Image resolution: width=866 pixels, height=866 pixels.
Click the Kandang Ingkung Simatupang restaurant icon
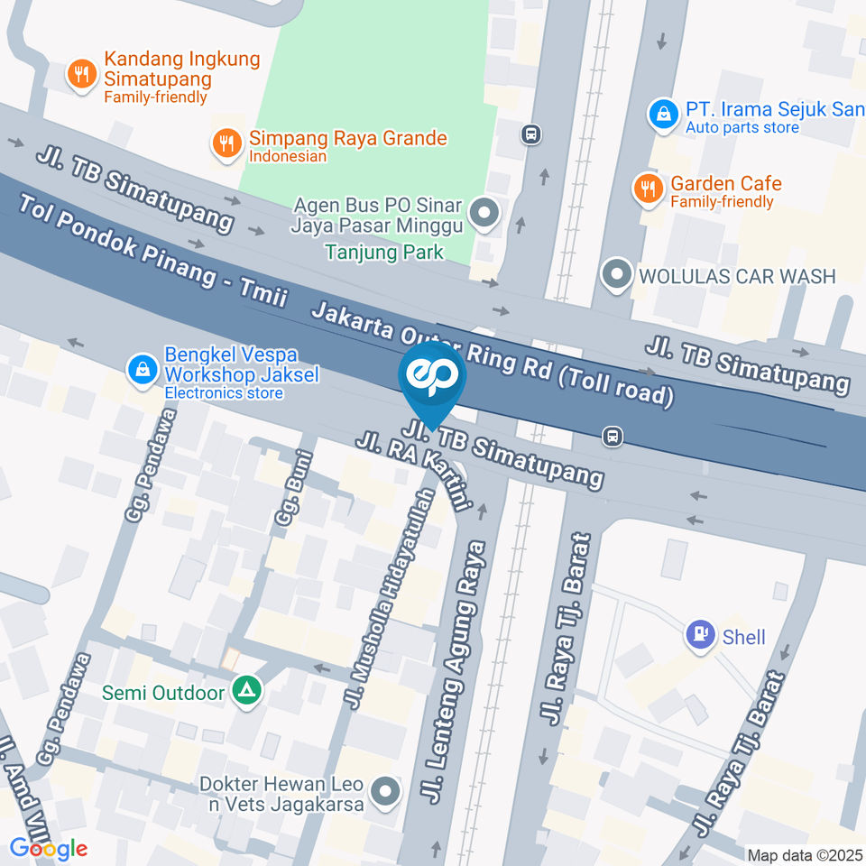point(82,75)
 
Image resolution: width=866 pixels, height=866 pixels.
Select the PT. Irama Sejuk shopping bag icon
point(663,114)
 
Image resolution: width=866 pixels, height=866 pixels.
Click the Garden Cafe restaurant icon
point(647,189)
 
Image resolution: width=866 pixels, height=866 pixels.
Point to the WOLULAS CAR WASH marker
point(617,274)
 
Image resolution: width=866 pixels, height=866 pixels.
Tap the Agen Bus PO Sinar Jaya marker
point(485,215)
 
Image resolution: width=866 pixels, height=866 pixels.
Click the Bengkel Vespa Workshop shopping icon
point(142,369)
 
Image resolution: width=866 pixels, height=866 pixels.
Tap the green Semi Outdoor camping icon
point(244,692)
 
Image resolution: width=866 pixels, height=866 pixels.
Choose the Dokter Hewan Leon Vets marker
point(386,792)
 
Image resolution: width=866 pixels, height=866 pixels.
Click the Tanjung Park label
point(384,252)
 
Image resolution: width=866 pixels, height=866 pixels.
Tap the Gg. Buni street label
point(290,497)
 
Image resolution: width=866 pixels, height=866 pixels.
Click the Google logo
point(48,848)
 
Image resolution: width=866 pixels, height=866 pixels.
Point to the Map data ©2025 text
point(804,854)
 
